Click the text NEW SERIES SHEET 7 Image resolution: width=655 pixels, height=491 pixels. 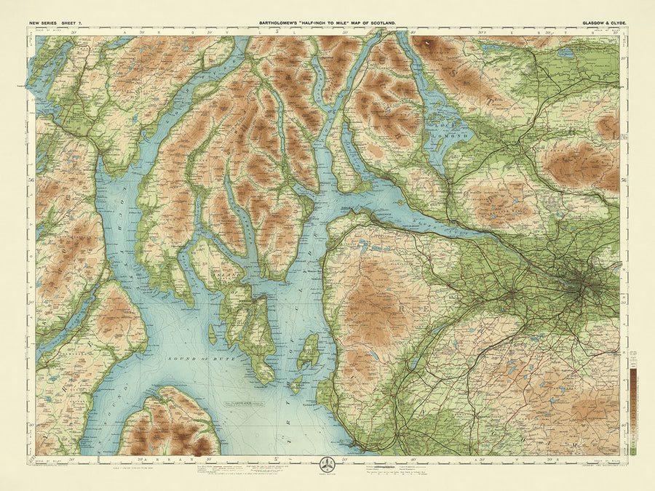point(57,24)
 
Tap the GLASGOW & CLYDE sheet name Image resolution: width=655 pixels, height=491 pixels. point(603,24)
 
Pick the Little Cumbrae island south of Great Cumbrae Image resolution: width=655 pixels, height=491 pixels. point(296,383)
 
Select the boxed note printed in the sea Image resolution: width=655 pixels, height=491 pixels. point(242,404)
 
